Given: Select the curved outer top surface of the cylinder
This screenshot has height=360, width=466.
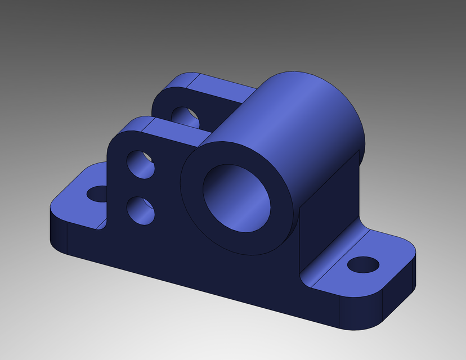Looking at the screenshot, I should [x=293, y=112].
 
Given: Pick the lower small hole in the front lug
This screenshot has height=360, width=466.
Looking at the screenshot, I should [x=140, y=210].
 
